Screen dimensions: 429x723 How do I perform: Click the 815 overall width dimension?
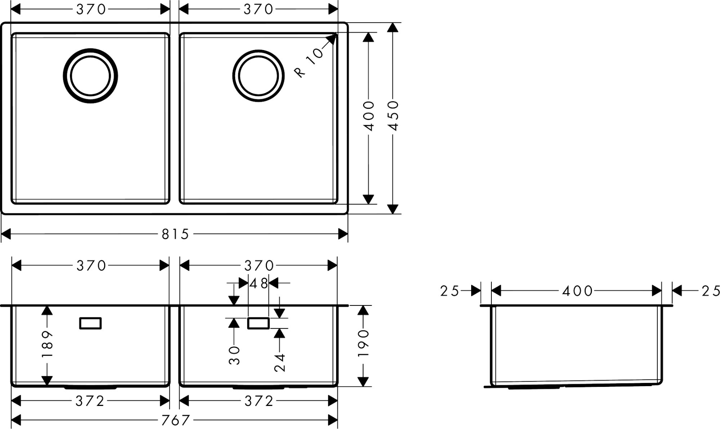coord(175,234)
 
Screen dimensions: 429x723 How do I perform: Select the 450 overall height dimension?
coord(393,115)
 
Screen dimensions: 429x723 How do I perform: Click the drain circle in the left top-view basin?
coord(91,76)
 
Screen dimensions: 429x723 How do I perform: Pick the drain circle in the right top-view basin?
coord(258,76)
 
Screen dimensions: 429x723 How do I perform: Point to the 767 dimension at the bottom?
coord(175,420)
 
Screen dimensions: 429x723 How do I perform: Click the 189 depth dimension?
coord(47,344)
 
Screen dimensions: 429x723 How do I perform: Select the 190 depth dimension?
coord(363,343)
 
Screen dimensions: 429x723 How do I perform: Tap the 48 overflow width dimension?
coord(259,284)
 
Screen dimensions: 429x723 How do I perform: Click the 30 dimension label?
coord(234,355)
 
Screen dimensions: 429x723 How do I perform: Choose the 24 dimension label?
coord(280,362)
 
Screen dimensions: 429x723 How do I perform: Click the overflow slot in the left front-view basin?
coord(91,323)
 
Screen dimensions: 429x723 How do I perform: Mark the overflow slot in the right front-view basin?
coord(259,323)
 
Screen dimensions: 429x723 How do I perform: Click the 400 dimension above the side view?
coord(577,291)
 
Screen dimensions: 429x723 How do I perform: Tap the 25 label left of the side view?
coord(450,291)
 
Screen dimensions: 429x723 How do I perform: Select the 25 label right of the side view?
coord(710,291)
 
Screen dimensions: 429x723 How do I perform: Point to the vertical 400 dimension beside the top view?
coord(369,116)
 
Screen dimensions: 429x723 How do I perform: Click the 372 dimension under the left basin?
coord(90,401)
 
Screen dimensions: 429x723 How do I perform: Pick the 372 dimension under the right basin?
coord(259,401)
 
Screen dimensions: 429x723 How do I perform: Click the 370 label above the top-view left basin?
coord(91,9)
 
